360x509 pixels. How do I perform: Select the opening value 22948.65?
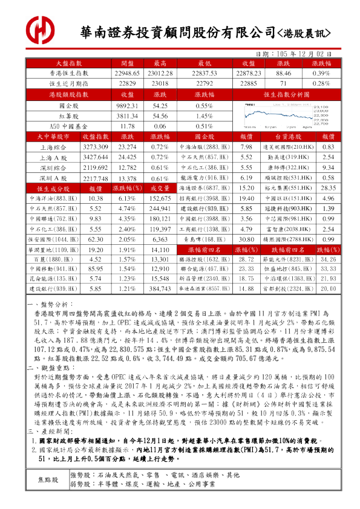127,74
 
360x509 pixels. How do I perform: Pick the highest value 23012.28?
160,74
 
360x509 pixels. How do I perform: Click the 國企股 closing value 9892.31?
127,105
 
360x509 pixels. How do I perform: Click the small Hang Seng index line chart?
286,115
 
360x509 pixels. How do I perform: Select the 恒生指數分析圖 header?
286,94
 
